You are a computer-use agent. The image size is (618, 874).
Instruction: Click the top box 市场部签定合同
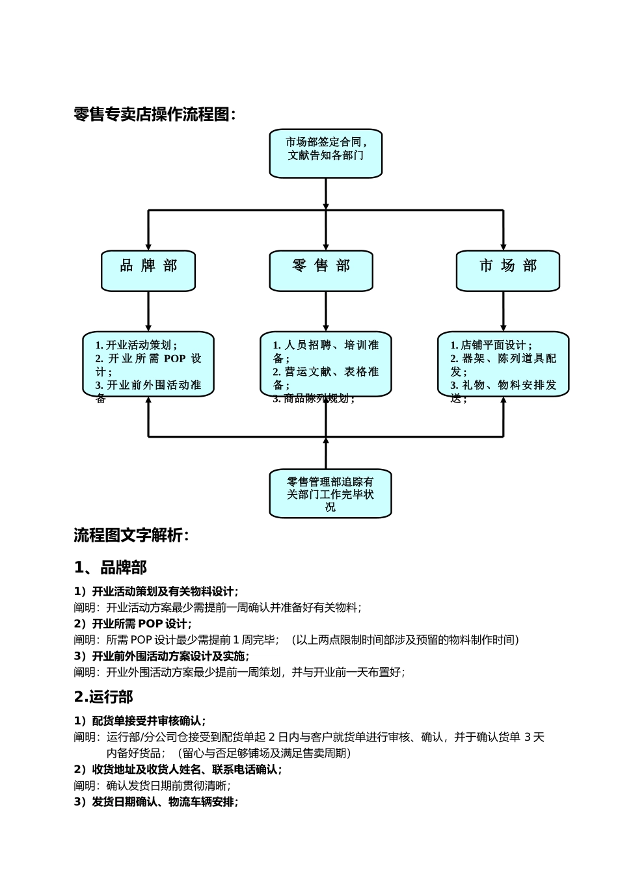tap(325, 153)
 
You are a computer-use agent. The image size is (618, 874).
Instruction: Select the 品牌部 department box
tap(148, 270)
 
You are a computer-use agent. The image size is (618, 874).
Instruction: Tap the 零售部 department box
tap(321, 270)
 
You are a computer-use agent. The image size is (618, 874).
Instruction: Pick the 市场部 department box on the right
tap(507, 270)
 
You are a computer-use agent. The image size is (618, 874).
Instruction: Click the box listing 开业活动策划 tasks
tap(148, 364)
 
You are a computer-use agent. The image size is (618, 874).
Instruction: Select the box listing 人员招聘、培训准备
tap(325, 364)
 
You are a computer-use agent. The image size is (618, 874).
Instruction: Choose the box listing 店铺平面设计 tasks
tap(503, 364)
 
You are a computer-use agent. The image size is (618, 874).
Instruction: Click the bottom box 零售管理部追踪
tap(330, 494)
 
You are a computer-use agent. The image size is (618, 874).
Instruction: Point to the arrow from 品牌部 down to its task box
tap(148, 311)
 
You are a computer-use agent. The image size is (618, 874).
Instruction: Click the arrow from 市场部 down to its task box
tap(503, 311)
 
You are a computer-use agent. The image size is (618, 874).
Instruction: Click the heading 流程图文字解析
tap(131, 535)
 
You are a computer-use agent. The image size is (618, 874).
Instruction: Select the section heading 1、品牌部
tap(111, 567)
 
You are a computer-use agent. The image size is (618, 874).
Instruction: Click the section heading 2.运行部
tap(103, 696)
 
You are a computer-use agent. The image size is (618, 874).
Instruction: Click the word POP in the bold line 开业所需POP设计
tap(151, 624)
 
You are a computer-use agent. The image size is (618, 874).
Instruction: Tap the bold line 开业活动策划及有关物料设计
tap(156, 591)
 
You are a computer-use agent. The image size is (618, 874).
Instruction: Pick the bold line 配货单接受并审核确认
tap(140, 721)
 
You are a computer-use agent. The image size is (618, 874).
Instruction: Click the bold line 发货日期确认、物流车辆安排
tap(156, 802)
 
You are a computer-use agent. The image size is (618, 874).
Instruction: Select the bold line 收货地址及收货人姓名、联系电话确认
tap(178, 769)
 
